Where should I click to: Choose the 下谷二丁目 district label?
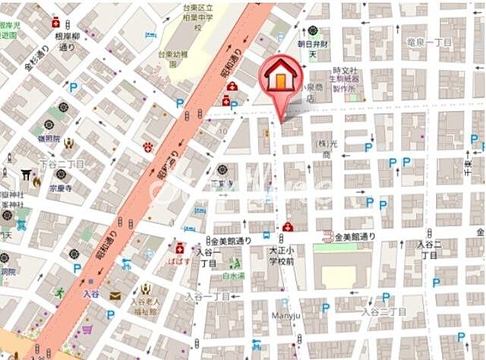[62, 164]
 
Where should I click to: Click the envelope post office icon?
[115, 295]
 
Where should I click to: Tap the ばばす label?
[179, 261]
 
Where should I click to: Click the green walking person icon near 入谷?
[59, 292]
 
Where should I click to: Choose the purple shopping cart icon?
[87, 330]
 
